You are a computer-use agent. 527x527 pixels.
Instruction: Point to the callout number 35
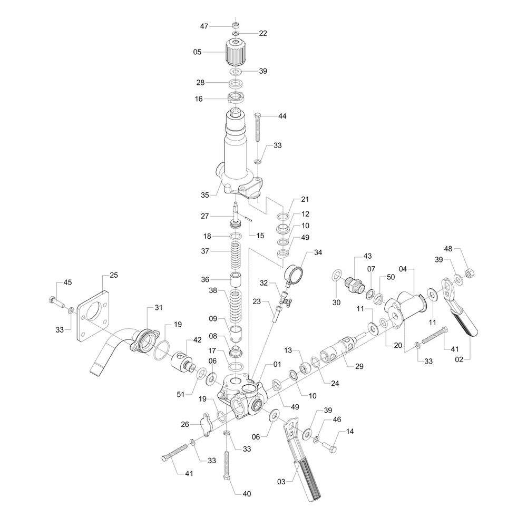[205, 194]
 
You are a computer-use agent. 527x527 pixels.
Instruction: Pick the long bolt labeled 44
[258, 126]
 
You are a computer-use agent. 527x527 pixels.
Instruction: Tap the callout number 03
[281, 481]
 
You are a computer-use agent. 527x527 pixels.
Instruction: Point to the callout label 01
[277, 364]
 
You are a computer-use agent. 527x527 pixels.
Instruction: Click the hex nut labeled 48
[470, 273]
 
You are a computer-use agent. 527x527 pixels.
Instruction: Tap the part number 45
[68, 282]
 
